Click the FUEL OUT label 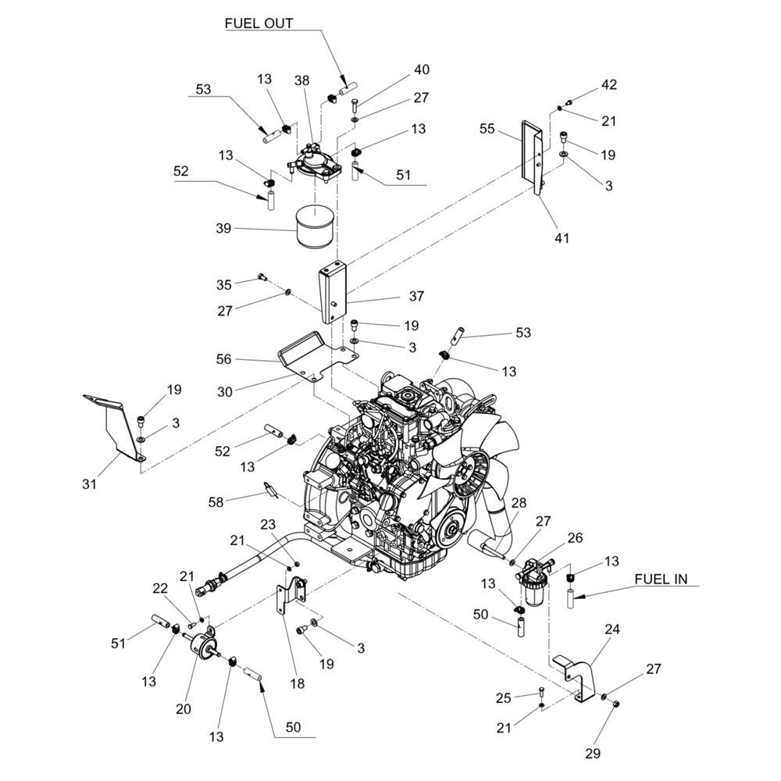point(259,23)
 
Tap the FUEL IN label point(661,579)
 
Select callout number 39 point(223,228)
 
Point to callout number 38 point(302,80)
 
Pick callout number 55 point(487,129)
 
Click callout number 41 point(561,237)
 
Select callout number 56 point(223,360)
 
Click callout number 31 point(90,484)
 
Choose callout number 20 point(184,708)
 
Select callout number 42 point(608,84)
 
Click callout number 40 point(421,70)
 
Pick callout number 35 point(223,284)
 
